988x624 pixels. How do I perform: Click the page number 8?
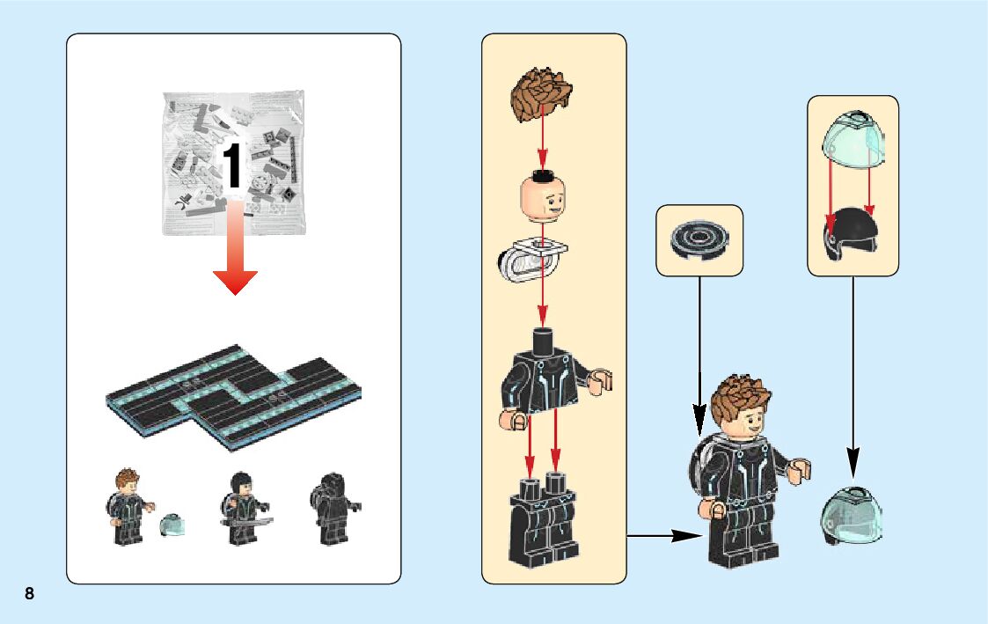pyautogui.click(x=29, y=593)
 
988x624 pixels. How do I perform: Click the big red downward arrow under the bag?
pyautogui.click(x=234, y=255)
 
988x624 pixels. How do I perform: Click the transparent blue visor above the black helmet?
pyautogui.click(x=853, y=140)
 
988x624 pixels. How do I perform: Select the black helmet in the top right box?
pyautogui.click(x=852, y=231)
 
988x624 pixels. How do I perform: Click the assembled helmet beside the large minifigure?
pyautogui.click(x=850, y=515)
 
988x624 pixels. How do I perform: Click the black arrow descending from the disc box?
pyautogui.click(x=699, y=352)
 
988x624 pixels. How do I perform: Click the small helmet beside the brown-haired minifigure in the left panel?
pyautogui.click(x=171, y=526)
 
